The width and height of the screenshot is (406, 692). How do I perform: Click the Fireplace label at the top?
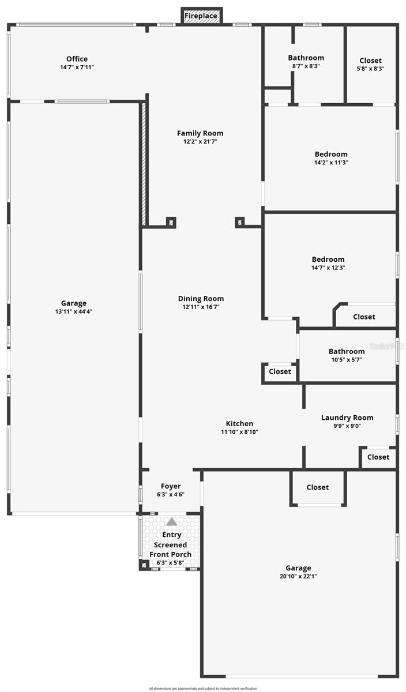pos(201,16)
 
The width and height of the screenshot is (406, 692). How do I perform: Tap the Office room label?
pos(77,59)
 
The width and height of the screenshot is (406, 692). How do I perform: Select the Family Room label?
pos(200,133)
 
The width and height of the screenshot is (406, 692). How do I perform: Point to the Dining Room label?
pos(200,299)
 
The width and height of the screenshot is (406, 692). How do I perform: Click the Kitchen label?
pos(239,424)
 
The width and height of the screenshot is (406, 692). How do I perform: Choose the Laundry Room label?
pos(347,418)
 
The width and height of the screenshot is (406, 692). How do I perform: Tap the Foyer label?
pos(171,486)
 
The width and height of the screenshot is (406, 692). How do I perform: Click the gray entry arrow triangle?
pos(172,522)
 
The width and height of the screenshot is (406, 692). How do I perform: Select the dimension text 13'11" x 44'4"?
pos(74,312)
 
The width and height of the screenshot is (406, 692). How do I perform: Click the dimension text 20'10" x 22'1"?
pos(298,576)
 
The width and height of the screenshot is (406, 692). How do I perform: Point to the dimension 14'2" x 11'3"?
pos(331,163)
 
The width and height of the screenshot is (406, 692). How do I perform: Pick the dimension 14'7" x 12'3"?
pos(328,268)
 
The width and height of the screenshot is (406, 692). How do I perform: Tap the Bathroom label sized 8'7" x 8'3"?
pos(306,58)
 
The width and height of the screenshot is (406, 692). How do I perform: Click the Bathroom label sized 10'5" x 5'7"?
pos(347,351)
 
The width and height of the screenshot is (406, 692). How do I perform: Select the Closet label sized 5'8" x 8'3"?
pos(370,61)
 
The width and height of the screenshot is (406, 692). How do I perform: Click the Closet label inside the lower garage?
pos(317,487)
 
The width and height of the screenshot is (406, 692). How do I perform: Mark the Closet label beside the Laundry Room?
pos(378,457)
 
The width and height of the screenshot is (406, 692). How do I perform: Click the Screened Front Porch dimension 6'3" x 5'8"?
pos(170,562)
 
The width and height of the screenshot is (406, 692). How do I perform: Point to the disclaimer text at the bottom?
pos(203,688)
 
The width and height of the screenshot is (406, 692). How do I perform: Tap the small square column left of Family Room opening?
pos(171,222)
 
